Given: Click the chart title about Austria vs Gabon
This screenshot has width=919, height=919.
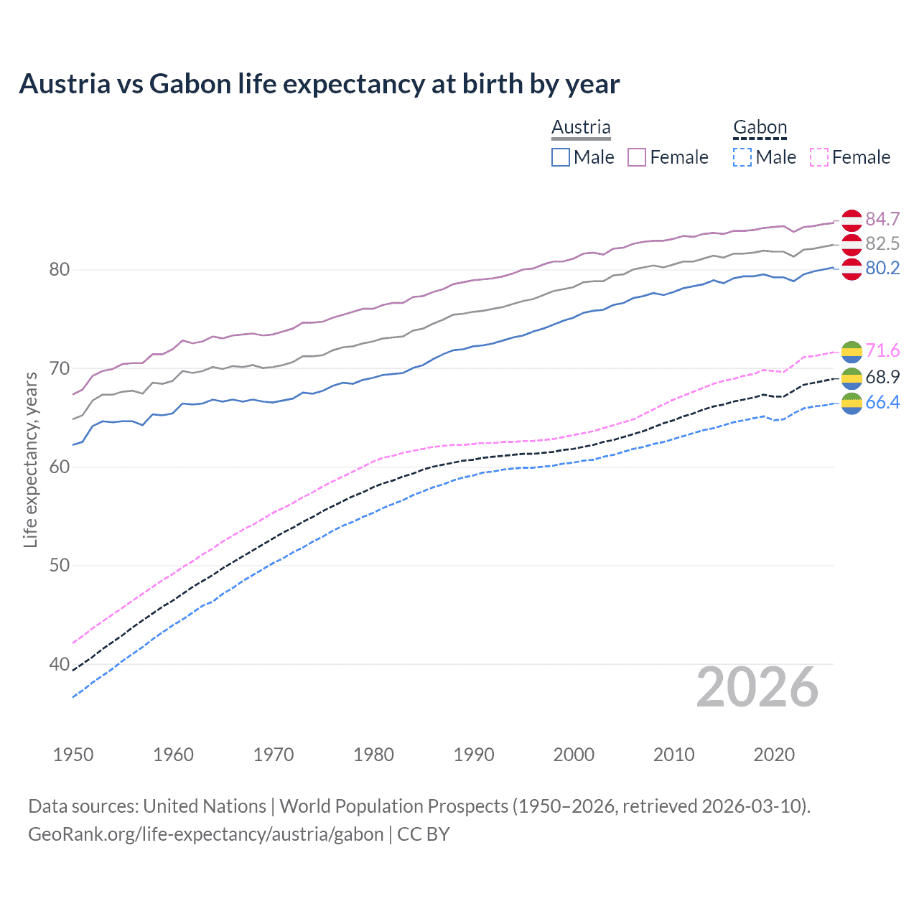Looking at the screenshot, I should coord(319,84).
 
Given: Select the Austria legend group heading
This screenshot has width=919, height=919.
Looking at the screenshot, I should coord(581,127).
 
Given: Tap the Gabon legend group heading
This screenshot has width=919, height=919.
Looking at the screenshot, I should coord(760,127).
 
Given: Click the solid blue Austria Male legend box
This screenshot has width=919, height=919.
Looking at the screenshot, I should coord(561,157).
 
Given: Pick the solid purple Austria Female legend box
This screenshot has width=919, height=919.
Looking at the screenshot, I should coord(637,157).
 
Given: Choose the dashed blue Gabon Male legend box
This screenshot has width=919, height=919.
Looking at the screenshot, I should coord(742,157).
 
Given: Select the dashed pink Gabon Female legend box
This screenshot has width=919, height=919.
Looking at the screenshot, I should coord(819,157).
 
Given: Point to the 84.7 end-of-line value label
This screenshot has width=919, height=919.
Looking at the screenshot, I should coord(882,219).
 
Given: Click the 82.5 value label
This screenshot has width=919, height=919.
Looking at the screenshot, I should coord(882,243).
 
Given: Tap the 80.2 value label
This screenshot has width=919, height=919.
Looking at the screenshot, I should coord(882,268).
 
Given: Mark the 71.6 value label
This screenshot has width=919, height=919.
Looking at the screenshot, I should coord(882,350).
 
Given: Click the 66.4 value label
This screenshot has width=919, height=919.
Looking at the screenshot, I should coord(882,402).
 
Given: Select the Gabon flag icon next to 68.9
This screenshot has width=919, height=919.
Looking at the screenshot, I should coord(852,377).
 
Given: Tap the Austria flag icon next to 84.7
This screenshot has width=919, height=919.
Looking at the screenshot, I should coord(852,220).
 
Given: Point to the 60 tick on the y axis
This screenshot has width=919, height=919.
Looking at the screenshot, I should coord(59,467).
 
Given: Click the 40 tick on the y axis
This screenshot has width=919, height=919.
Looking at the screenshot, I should coord(59,664).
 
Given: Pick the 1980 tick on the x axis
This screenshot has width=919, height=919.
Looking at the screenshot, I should coord(373,755).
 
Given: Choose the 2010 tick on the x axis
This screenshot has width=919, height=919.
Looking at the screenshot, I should coord(673,755).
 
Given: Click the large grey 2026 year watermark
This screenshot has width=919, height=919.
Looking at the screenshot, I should coord(757,687).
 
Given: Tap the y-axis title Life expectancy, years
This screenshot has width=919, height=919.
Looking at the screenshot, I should coord(30,459).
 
